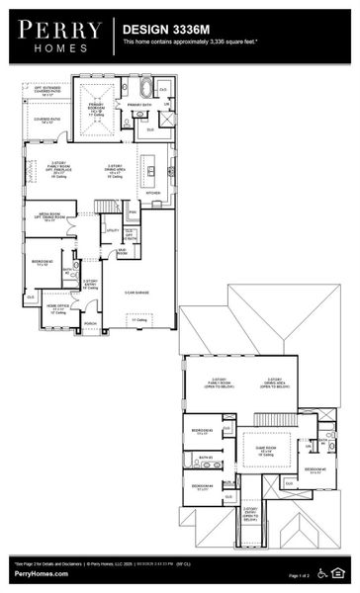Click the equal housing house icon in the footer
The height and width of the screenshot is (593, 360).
[x=341, y=572]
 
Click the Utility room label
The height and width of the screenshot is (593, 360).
[x=114, y=230]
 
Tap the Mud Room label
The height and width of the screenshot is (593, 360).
[x=123, y=251]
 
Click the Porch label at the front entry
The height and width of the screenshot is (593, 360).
[x=90, y=323]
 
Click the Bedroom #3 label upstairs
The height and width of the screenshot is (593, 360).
[x=201, y=431]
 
